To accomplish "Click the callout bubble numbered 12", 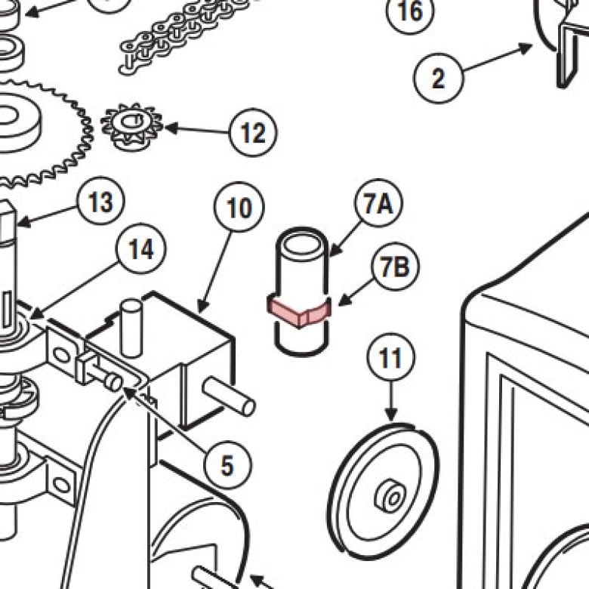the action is pos(253,133).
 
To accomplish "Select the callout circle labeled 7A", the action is pos(378,203).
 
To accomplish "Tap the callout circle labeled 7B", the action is pos(395,267).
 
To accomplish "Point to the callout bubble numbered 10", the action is pos(239,208).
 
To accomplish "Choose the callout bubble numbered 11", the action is pos(391,356).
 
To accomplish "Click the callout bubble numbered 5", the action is pos(227,464).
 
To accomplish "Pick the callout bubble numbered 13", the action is pos(100,201).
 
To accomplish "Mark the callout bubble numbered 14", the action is pos(141,248).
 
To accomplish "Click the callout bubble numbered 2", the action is pos(439,78).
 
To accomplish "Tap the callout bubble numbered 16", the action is pos(410,11).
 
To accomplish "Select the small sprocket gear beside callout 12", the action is pos(131,127).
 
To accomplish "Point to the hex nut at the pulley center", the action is pos(390,495).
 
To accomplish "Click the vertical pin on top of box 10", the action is pos(131,328).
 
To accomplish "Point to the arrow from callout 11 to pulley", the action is pos(391,401).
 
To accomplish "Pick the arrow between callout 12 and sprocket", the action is pos(197,130).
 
